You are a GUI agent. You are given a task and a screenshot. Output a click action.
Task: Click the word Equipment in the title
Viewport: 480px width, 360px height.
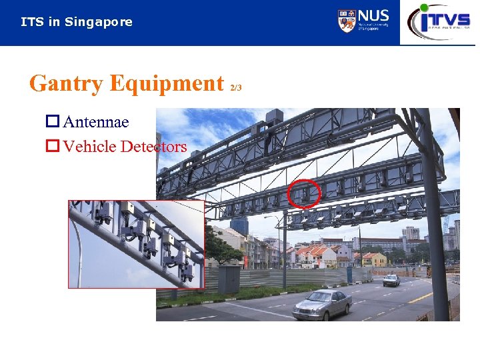coord(167,84)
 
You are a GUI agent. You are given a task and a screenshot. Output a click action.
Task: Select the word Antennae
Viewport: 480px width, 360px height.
coord(96,123)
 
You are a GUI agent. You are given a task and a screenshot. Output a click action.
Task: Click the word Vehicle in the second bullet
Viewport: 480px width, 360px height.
coord(89,147)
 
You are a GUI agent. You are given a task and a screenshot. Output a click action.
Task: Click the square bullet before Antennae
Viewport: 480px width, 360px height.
coord(52,123)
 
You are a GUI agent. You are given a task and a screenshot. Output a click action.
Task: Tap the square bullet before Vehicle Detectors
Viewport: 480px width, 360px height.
coord(52,147)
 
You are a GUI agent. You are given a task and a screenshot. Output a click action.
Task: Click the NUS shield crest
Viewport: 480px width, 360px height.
coord(347,21)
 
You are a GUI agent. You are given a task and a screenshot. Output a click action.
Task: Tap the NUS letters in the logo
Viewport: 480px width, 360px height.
coord(373,16)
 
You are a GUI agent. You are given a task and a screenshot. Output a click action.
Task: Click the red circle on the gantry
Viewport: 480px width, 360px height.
coord(305,193)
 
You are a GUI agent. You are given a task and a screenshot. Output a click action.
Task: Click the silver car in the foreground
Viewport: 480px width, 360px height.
coord(323,304)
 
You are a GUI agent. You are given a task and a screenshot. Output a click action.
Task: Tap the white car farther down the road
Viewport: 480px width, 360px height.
coord(391,280)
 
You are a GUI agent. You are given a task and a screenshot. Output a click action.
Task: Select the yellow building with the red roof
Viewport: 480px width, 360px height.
coord(373,259)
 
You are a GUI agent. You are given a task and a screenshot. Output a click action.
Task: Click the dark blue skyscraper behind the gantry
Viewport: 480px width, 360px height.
coord(239,225)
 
